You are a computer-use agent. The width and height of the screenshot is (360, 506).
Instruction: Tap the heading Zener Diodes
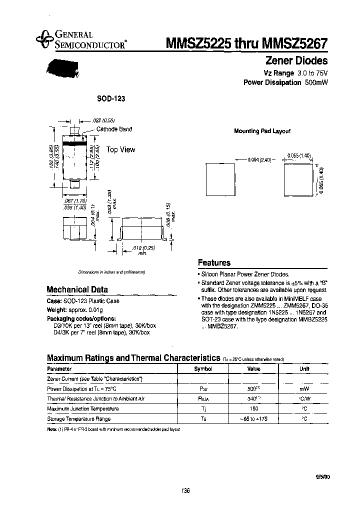coord(295,61)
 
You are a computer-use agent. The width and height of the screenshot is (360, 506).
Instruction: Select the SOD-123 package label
coord(111,99)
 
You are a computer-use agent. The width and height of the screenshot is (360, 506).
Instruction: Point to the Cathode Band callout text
coord(114,129)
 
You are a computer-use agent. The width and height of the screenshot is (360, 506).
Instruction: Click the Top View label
coord(120,149)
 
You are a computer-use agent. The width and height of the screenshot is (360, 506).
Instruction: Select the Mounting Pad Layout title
coord(262,131)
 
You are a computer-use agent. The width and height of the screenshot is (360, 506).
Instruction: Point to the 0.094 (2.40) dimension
coord(259,159)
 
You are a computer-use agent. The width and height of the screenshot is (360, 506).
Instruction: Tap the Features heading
coord(214,262)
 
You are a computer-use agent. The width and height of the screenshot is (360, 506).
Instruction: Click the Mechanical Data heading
coord(77,289)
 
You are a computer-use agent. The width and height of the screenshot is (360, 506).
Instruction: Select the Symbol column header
coord(203,369)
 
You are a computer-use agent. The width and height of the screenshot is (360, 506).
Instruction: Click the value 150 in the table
coord(253,408)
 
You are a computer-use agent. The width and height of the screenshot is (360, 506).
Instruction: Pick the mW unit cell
coord(304,388)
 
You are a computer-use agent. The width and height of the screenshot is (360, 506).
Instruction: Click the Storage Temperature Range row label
coord(78,418)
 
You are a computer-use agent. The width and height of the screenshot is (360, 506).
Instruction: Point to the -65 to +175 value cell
coord(253,418)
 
